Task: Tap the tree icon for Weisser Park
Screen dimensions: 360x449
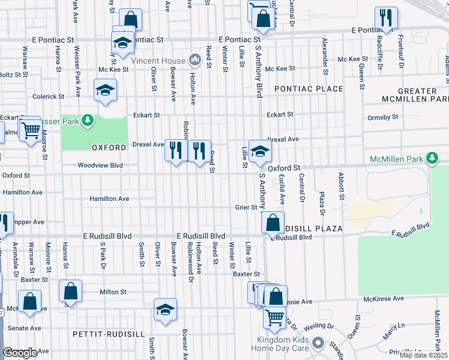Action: pos(88,121)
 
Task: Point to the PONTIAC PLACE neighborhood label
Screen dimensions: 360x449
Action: pos(309,89)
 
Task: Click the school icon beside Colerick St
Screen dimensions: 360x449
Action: pos(105,90)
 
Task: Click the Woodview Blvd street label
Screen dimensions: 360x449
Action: pos(100,166)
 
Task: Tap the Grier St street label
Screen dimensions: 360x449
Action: pos(246,208)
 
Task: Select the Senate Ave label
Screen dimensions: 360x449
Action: pos(24,328)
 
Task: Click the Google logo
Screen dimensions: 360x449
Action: pos(20,353)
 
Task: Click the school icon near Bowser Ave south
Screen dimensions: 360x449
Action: pos(165,310)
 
